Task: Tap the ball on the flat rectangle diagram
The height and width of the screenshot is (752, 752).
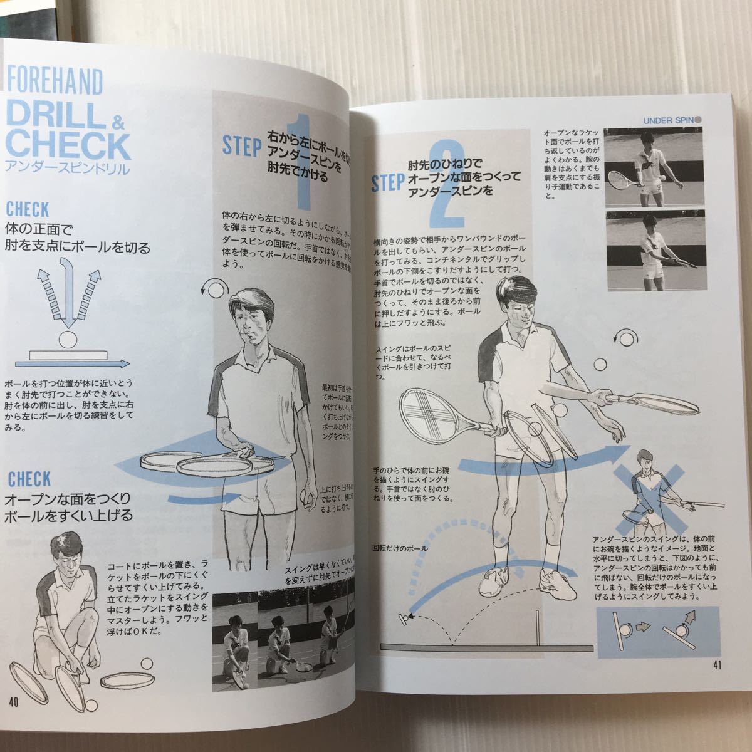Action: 66,341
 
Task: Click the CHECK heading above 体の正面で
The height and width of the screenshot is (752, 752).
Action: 28,209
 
